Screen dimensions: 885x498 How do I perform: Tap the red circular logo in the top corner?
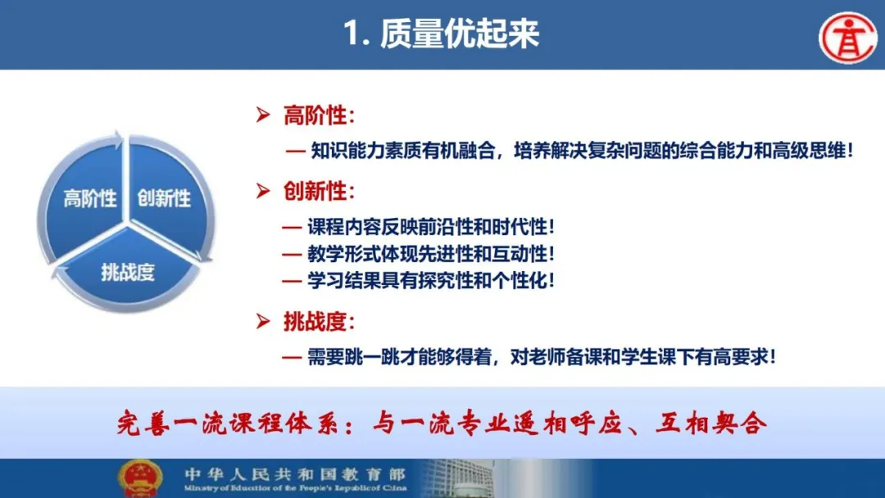coord(848,37)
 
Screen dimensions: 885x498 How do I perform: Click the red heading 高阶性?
coord(319,115)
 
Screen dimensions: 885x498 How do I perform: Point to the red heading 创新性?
coord(319,191)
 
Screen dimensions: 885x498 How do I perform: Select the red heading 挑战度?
coord(319,322)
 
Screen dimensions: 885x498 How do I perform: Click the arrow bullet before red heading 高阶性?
coord(263,115)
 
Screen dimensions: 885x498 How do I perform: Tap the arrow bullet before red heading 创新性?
coord(263,191)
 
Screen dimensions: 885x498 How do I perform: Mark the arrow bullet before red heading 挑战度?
coord(263,321)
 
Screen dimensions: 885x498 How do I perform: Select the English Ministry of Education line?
coord(295,488)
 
